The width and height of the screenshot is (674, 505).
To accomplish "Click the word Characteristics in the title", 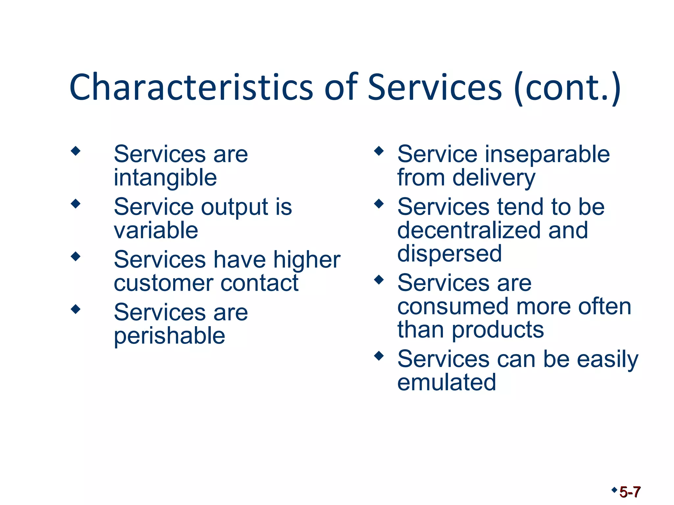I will [x=191, y=87].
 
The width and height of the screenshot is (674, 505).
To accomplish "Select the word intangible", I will [x=165, y=178].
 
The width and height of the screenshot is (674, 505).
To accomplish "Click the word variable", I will [x=156, y=230].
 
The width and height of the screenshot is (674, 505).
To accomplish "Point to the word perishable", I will [x=169, y=336].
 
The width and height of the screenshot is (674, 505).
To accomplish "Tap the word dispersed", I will [x=450, y=254].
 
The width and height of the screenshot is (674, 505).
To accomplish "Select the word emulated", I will [x=447, y=382].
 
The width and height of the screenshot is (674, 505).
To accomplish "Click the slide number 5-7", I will [x=630, y=492].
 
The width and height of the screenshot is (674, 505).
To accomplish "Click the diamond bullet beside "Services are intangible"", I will [x=76, y=151].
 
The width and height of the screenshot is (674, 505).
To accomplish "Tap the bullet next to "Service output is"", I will [x=76, y=204].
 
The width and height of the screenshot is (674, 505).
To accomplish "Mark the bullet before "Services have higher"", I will [x=76, y=256].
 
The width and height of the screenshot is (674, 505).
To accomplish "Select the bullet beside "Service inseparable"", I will [x=379, y=151].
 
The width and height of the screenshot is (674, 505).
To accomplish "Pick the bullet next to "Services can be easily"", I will [x=379, y=356].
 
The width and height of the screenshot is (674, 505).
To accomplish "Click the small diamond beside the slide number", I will [x=614, y=490].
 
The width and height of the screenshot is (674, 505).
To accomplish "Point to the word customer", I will [x=163, y=283].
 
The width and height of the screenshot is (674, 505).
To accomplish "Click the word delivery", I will [x=494, y=178].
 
